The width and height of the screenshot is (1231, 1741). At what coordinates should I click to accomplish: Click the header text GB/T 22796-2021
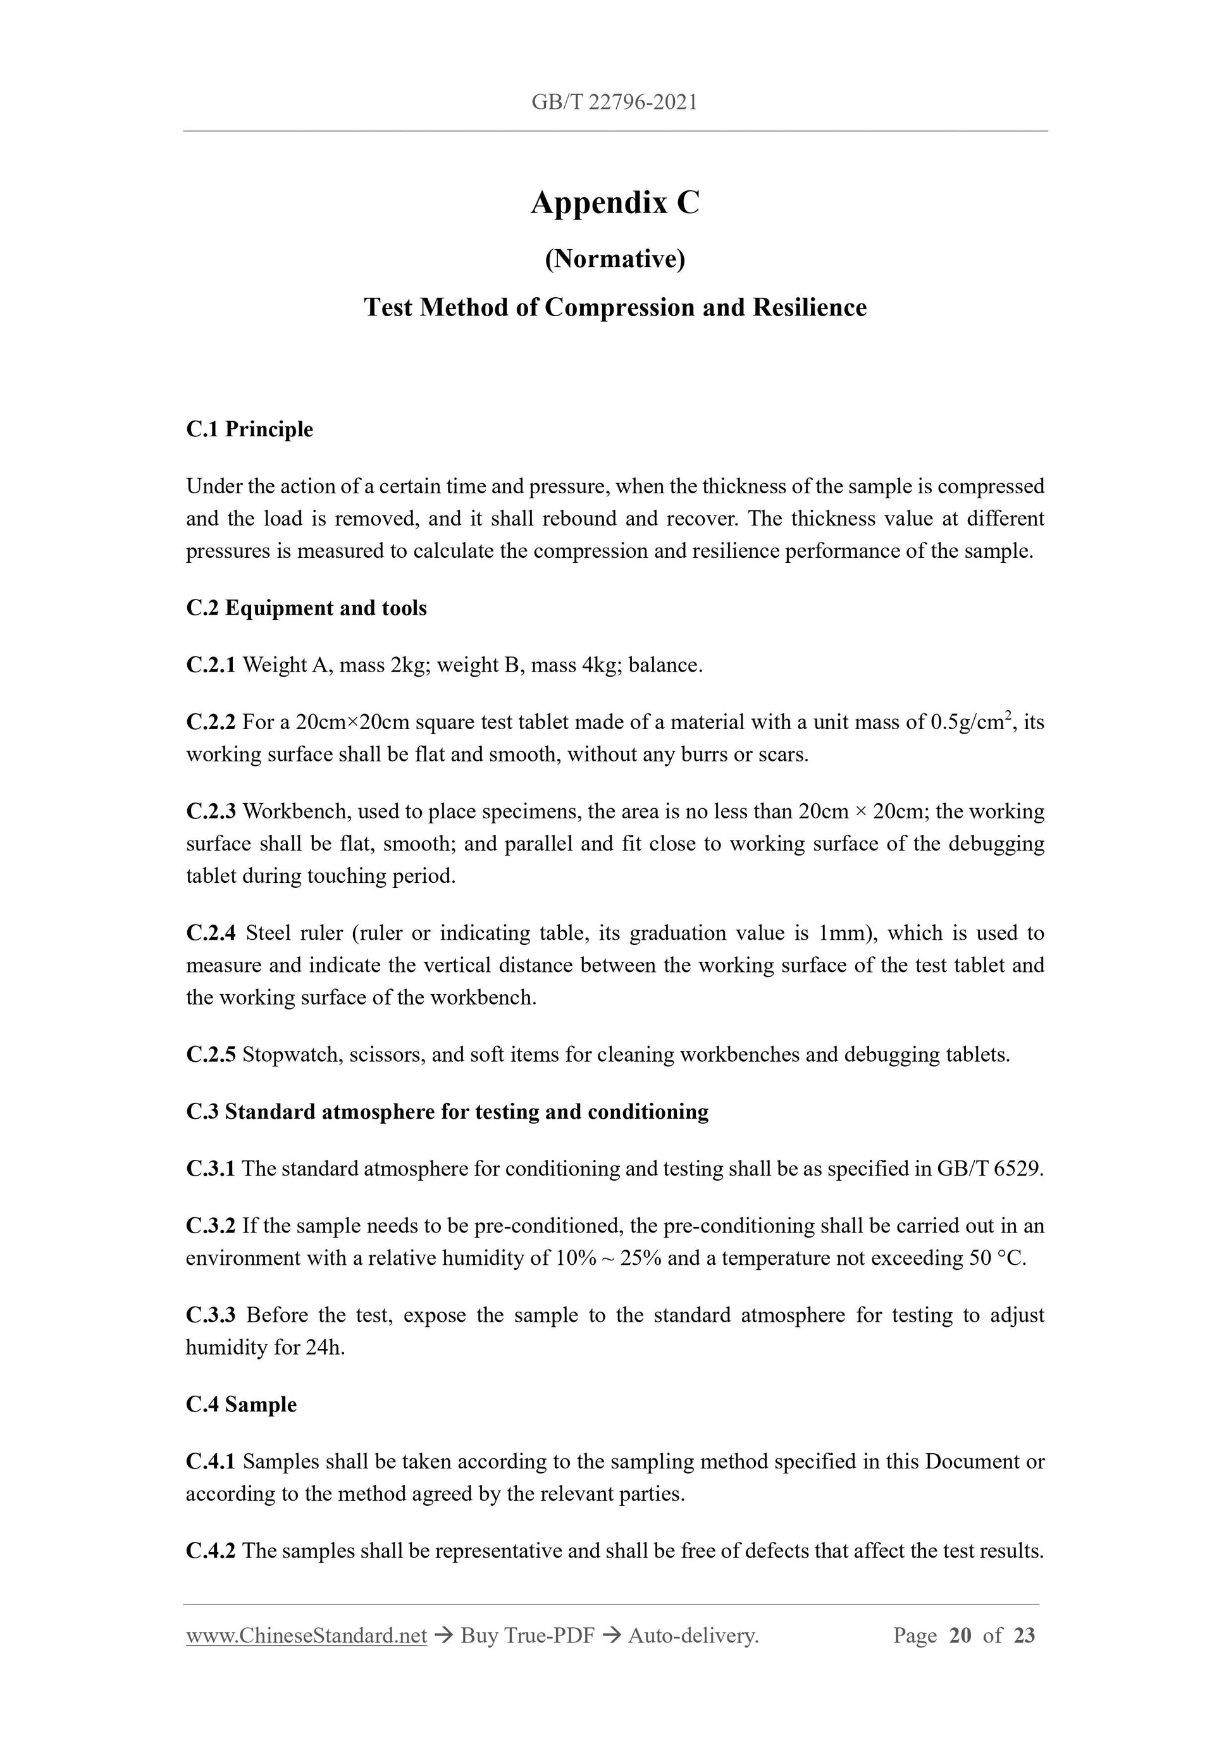pyautogui.click(x=614, y=102)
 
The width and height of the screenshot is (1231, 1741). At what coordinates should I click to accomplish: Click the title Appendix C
pyautogui.click(x=614, y=202)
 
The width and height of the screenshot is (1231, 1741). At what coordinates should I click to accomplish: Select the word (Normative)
pyautogui.click(x=614, y=259)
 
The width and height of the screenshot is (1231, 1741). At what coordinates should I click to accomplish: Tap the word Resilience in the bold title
pyautogui.click(x=809, y=307)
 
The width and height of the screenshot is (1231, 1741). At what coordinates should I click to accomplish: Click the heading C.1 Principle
pyautogui.click(x=249, y=429)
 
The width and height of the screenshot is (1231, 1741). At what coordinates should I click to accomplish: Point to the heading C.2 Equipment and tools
pyautogui.click(x=306, y=608)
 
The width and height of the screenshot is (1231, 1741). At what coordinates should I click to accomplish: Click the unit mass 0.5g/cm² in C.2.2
pyautogui.click(x=973, y=722)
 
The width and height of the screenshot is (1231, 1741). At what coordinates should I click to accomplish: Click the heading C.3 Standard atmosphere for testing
pyautogui.click(x=447, y=1112)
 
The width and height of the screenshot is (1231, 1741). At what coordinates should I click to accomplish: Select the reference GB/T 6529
pyautogui.click(x=990, y=1169)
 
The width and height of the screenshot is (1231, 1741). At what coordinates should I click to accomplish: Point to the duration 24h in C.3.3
pyautogui.click(x=325, y=1348)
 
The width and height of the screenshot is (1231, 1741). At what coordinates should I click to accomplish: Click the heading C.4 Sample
pyautogui.click(x=241, y=1405)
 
